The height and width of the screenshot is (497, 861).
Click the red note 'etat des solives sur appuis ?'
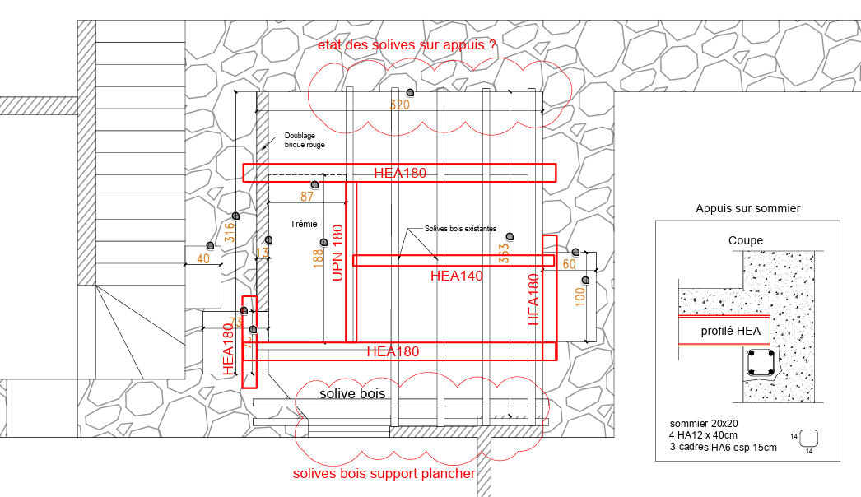[x=407, y=46]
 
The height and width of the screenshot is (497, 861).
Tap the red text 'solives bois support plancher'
[x=384, y=474]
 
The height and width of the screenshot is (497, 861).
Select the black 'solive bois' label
[x=352, y=393]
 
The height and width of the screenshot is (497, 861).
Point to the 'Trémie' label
[x=304, y=224]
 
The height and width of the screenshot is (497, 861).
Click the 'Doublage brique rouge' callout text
[x=305, y=141]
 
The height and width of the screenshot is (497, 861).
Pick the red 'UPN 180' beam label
[x=337, y=253]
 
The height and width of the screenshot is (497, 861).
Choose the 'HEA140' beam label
[x=456, y=276]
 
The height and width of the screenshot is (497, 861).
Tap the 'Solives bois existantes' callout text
[x=460, y=229]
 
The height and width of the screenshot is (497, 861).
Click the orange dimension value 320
[x=399, y=105]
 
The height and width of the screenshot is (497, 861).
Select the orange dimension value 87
[x=307, y=197]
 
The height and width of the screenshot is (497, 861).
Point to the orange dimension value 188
[x=318, y=258]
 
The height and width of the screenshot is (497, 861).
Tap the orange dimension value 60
[x=570, y=265]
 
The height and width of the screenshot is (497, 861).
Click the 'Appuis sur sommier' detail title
[x=747, y=209]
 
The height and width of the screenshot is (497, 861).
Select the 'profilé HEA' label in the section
[x=724, y=332]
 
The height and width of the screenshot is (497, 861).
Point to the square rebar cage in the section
[x=761, y=363]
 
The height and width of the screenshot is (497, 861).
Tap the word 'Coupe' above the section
[x=746, y=241]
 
